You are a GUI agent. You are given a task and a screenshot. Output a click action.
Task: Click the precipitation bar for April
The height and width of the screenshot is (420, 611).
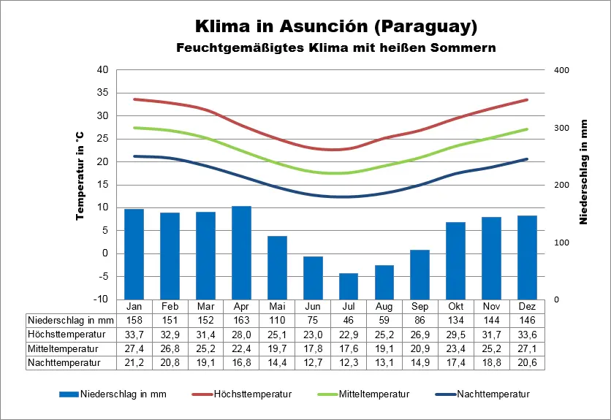click(x=241, y=252)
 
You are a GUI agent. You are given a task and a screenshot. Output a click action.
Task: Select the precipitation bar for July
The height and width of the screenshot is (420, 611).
click(x=349, y=286)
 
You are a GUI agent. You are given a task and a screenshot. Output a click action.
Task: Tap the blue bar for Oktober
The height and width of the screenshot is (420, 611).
click(x=456, y=260)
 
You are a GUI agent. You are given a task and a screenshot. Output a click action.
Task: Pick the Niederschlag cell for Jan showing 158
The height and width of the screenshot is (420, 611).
click(x=134, y=320)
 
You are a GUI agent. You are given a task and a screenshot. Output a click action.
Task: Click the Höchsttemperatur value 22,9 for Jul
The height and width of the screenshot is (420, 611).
click(x=349, y=334)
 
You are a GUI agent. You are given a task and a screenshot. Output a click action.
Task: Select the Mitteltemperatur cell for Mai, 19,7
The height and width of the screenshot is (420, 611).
click(x=277, y=348)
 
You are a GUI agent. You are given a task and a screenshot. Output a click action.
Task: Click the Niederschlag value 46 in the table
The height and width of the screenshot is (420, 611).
click(x=349, y=320)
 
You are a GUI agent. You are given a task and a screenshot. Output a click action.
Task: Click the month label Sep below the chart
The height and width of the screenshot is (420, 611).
click(x=420, y=306)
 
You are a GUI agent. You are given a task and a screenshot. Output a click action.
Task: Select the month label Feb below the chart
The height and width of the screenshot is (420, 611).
click(x=170, y=306)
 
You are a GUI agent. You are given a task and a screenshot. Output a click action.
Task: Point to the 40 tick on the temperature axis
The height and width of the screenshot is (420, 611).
click(x=102, y=70)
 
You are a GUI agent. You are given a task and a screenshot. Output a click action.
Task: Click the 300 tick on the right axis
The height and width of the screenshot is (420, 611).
click(x=561, y=128)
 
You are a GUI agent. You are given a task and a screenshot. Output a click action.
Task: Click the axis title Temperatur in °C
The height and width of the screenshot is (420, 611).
click(x=80, y=177)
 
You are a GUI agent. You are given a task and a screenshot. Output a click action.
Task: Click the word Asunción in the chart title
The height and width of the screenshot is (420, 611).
click(x=324, y=27)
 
